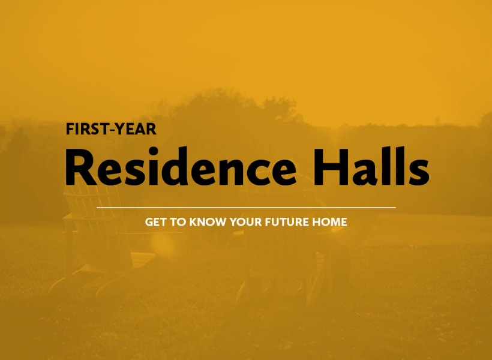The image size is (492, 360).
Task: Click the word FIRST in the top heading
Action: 86,129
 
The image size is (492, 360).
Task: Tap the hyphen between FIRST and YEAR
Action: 110,130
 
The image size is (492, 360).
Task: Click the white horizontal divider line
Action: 246,208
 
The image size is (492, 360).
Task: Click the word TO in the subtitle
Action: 178,222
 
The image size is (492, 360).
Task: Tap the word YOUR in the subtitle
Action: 245,222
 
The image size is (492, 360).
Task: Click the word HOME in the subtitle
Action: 329,222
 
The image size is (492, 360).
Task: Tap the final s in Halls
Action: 418,173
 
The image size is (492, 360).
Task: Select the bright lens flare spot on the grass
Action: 162,244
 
